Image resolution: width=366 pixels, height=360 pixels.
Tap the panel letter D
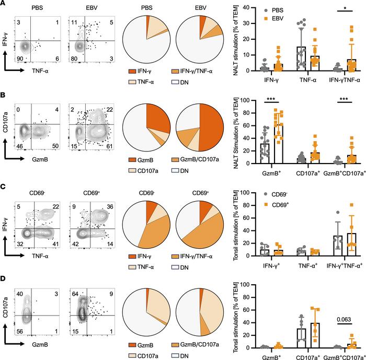click(x=4, y=271)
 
